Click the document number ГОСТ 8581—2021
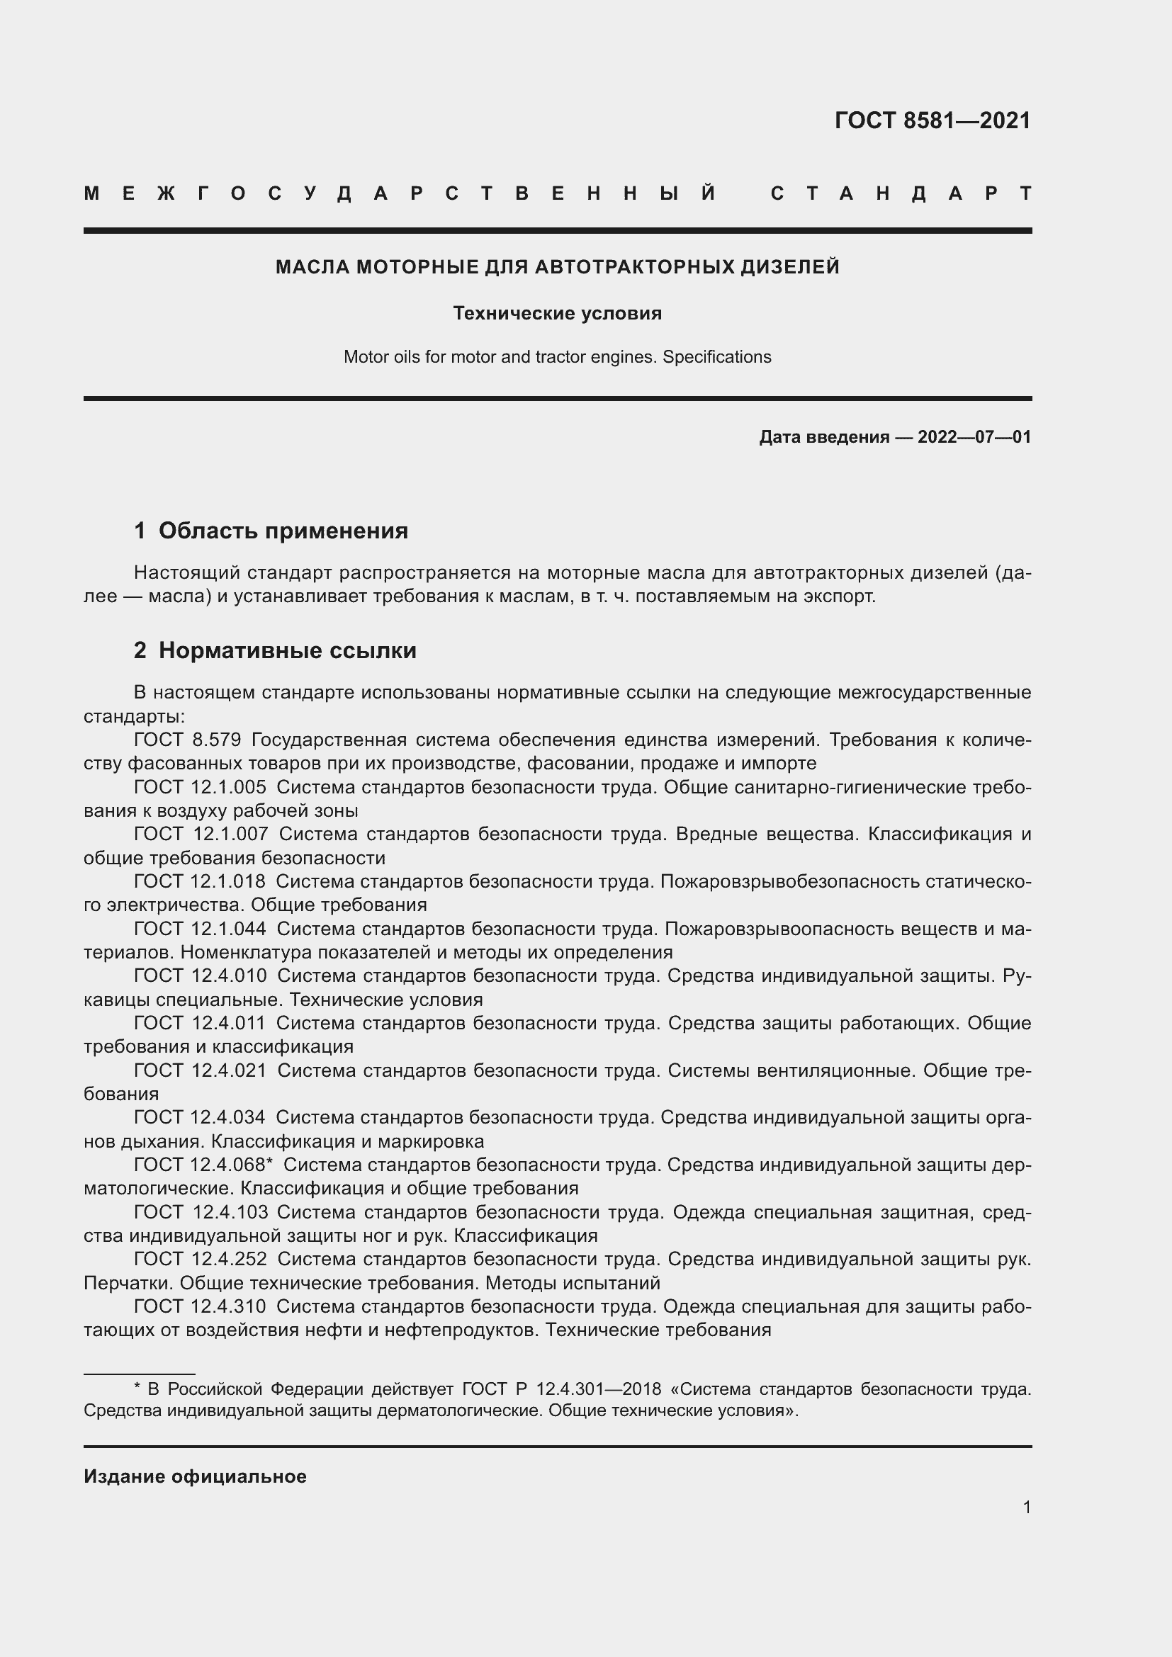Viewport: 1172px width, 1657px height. [x=932, y=120]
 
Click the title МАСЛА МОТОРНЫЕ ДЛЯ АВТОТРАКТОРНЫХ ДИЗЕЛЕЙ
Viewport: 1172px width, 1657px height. [x=557, y=267]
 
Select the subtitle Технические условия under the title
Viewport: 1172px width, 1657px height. [x=557, y=313]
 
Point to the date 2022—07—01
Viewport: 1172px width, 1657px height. [x=974, y=436]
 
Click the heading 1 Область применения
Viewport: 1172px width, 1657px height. [x=271, y=531]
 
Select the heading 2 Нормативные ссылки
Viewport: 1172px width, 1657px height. [x=275, y=651]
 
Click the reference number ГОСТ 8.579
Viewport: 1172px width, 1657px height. [x=187, y=740]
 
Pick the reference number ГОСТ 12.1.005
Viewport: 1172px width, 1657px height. [x=199, y=787]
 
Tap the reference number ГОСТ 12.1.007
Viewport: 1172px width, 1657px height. [x=200, y=835]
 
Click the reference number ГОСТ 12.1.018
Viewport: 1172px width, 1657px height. [x=199, y=881]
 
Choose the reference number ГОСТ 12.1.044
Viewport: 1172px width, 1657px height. [x=199, y=929]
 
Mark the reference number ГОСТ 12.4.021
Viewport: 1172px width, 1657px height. [x=199, y=1070]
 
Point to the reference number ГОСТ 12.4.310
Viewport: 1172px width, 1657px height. [x=199, y=1306]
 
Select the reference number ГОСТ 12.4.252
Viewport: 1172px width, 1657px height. [x=199, y=1259]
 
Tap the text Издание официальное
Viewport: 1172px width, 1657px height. [x=195, y=1476]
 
